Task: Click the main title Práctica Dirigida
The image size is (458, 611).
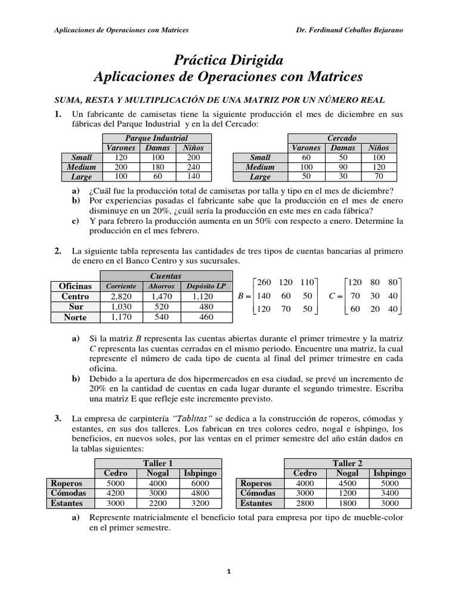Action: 228,60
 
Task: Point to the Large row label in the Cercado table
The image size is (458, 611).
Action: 260,177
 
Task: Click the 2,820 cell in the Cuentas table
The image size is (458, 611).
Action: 121,297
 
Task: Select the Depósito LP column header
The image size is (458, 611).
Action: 205,286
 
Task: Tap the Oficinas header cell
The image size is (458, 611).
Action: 75,286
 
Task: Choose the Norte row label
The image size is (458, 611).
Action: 75,317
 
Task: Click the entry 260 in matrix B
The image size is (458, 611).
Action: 263,282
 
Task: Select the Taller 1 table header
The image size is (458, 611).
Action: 158,463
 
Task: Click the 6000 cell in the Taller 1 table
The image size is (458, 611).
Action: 200,483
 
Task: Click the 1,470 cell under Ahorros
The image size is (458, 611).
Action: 161,297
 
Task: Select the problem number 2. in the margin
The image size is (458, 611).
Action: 58,251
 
